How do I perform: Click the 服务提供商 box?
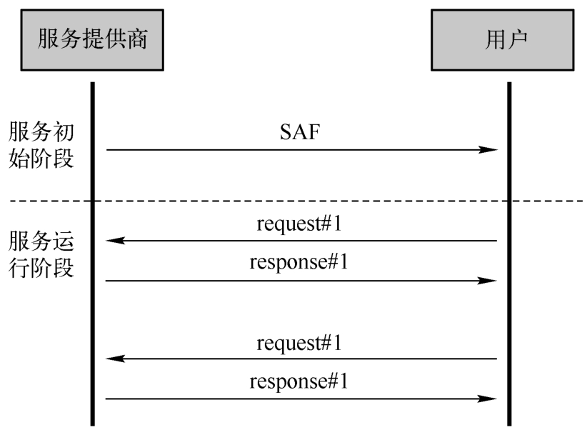[x=92, y=40]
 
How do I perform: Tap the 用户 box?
[x=503, y=40]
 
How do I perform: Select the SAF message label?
[x=300, y=132]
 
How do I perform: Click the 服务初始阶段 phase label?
[x=41, y=145]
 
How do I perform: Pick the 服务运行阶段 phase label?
[x=41, y=254]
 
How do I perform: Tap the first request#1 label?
[x=299, y=224]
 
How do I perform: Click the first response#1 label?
[x=298, y=262]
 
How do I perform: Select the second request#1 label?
[x=299, y=343]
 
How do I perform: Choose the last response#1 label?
[x=298, y=381]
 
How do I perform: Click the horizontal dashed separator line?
[x=296, y=201]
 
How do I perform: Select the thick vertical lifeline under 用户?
[x=509, y=254]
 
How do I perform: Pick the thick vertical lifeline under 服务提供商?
[x=93, y=254]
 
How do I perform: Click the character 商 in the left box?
[x=137, y=39]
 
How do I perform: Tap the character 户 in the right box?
[x=517, y=40]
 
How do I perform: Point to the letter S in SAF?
[x=285, y=132]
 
